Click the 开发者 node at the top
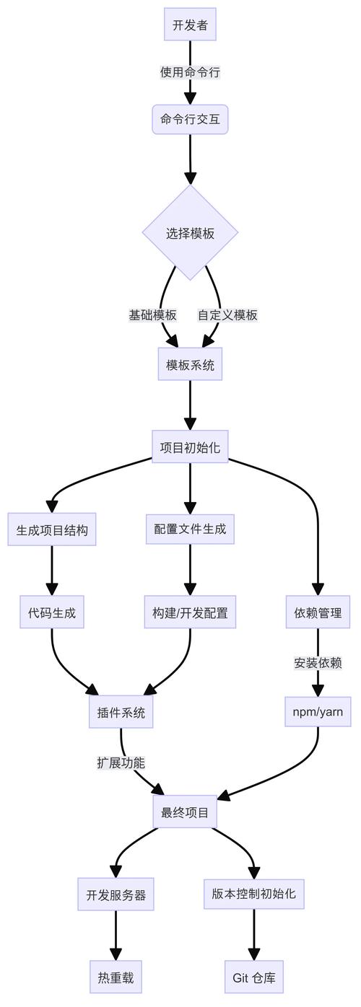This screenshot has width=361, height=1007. point(190,25)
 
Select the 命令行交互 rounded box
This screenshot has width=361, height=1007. point(190,120)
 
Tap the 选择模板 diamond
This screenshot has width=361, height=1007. point(190,233)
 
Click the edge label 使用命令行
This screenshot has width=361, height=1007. point(190,72)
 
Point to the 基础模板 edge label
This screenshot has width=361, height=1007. point(153,315)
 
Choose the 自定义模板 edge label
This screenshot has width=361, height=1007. point(227,315)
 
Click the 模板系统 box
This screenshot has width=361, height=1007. point(190,364)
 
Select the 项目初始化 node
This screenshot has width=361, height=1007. point(190,447)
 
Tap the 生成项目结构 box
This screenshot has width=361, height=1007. point(52,530)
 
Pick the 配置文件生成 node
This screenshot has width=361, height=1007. point(190,529)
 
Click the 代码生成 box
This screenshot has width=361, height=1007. point(52,613)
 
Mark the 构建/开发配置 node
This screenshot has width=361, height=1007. point(190,613)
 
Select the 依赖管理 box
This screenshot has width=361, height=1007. point(318,613)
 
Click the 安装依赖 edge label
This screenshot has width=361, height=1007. point(318,663)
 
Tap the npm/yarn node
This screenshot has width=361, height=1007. point(318,712)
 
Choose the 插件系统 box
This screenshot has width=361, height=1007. point(121,713)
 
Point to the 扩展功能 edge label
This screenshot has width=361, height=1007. point(121,762)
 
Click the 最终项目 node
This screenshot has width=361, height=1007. point(185,813)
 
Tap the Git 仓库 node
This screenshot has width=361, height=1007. point(254,978)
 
